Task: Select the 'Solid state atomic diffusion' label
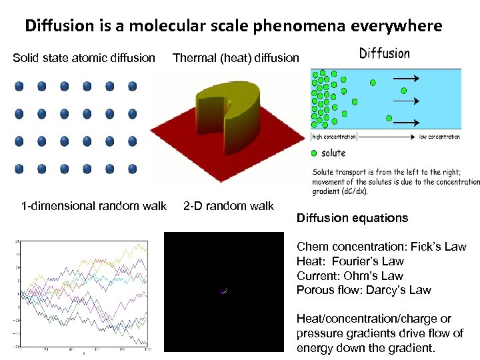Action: [x=84, y=58]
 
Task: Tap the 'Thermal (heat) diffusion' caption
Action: [x=236, y=58]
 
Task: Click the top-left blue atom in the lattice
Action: [x=19, y=87]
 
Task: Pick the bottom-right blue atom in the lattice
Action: [x=132, y=169]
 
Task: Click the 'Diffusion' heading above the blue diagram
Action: [x=385, y=53]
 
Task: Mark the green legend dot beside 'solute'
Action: [x=314, y=153]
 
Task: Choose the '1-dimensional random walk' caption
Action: [x=93, y=206]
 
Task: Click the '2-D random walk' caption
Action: [x=229, y=206]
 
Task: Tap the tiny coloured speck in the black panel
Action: [x=224, y=291]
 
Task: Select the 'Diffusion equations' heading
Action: [x=352, y=218]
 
